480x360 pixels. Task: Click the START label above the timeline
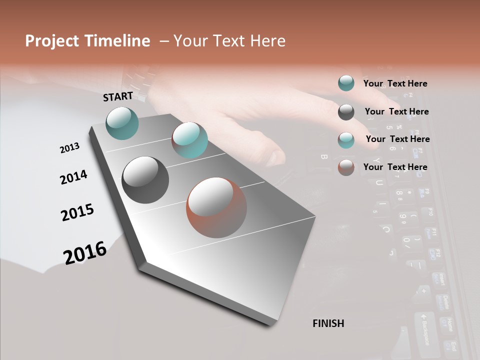coord(118,96)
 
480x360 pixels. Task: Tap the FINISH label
coord(328,323)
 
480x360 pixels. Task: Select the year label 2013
coord(70,148)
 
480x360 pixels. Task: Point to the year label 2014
coord(73,177)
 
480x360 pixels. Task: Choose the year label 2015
coord(77,212)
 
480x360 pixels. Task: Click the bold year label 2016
coord(85,252)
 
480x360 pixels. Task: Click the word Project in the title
coord(53,41)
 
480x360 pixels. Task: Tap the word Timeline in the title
coord(118,41)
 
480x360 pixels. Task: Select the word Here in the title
coord(266,41)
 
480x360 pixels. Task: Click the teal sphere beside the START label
coord(122,123)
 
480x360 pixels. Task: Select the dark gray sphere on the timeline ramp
coord(145,180)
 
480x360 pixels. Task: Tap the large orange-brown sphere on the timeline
coord(216,207)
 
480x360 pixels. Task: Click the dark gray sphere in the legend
coord(346,112)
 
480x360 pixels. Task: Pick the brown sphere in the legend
coord(346,167)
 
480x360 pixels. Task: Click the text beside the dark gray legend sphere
coord(396,111)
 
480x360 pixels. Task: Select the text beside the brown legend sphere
coord(395,167)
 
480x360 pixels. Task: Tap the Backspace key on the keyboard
coord(423,330)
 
